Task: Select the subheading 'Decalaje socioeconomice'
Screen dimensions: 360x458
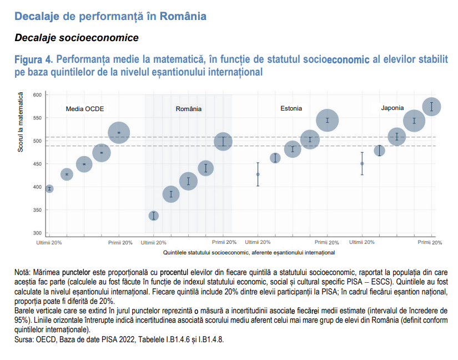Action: coord(76,38)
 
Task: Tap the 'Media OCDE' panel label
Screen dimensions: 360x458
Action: coord(85,109)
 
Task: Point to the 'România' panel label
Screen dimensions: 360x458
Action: coord(189,109)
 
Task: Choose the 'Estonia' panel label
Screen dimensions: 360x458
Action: coord(291,108)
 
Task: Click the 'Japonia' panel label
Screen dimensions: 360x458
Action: coord(392,108)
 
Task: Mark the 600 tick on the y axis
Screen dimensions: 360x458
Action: coord(37,95)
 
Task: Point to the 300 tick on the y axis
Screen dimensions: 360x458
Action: coord(37,233)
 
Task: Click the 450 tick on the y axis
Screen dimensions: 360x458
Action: coord(37,164)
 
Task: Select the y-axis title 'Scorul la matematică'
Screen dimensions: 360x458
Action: coord(21,123)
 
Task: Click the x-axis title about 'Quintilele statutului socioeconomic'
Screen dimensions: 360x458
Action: coord(249,252)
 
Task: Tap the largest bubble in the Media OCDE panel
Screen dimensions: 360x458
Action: coord(119,133)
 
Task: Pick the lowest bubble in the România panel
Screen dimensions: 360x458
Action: coord(154,216)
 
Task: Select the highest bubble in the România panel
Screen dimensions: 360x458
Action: coord(223,141)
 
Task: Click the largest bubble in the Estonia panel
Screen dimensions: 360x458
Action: coord(328,120)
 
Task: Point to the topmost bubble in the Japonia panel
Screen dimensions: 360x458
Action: coord(431,106)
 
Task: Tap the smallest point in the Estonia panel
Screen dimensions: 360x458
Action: coord(258,174)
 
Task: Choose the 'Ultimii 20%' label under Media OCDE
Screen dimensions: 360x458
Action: coord(49,242)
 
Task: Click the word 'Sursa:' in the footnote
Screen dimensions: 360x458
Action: coord(26,339)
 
